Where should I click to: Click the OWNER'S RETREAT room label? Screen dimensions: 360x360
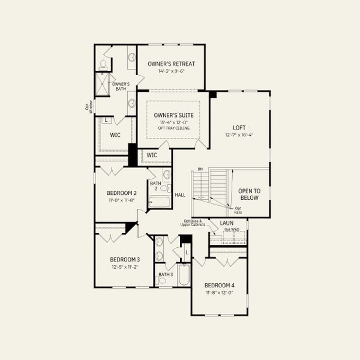click(x=171, y=64)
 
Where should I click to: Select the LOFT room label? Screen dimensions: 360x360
click(x=239, y=127)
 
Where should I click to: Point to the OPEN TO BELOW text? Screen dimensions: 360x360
click(x=248, y=194)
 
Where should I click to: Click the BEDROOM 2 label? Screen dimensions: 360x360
click(x=122, y=193)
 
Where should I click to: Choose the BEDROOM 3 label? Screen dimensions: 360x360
click(x=125, y=260)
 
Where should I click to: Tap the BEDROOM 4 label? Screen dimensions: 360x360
click(x=219, y=285)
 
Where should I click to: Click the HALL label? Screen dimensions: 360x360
click(x=180, y=195)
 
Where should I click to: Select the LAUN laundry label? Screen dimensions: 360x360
click(x=226, y=223)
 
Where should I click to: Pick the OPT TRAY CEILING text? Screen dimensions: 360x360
click(x=173, y=128)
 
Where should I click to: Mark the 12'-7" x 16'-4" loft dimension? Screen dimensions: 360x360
click(x=239, y=135)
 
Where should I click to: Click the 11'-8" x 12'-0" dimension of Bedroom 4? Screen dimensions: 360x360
click(x=219, y=292)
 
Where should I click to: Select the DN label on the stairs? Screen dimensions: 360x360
click(x=200, y=170)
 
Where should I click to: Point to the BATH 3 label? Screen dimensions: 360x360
click(x=165, y=274)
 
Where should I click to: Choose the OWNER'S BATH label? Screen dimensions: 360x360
click(x=121, y=86)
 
